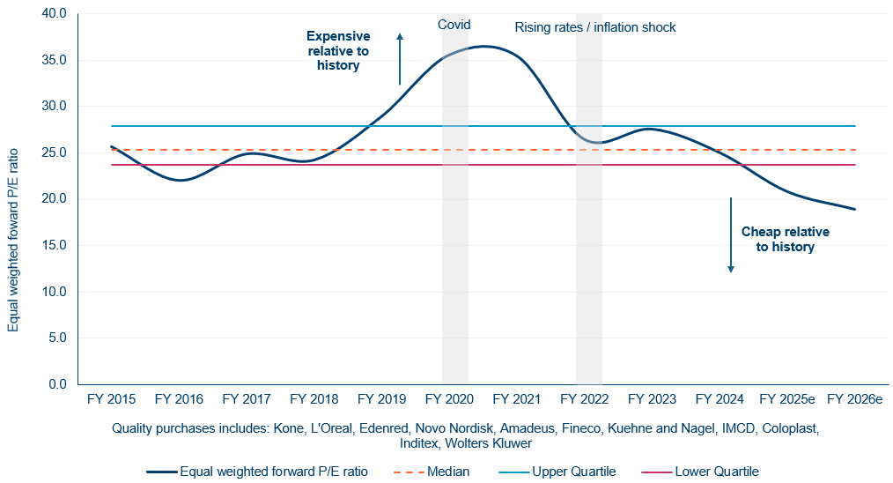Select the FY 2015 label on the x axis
[x=111, y=399]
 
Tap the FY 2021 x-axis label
[x=516, y=399]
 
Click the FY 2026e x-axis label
[x=854, y=399]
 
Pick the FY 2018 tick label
[x=314, y=399]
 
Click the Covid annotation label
[x=454, y=25]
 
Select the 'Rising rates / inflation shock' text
[x=595, y=27]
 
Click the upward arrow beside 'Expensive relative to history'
[x=400, y=58]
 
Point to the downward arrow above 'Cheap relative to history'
[x=730, y=234]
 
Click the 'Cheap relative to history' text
[x=786, y=239]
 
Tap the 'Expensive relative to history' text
[x=338, y=50]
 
